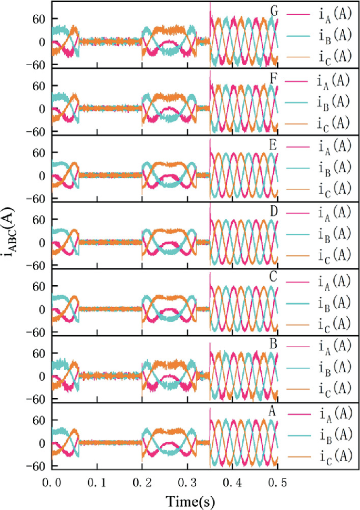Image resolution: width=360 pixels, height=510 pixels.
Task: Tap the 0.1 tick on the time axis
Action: (96, 481)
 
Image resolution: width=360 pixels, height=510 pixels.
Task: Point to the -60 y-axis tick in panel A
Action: (40, 466)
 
